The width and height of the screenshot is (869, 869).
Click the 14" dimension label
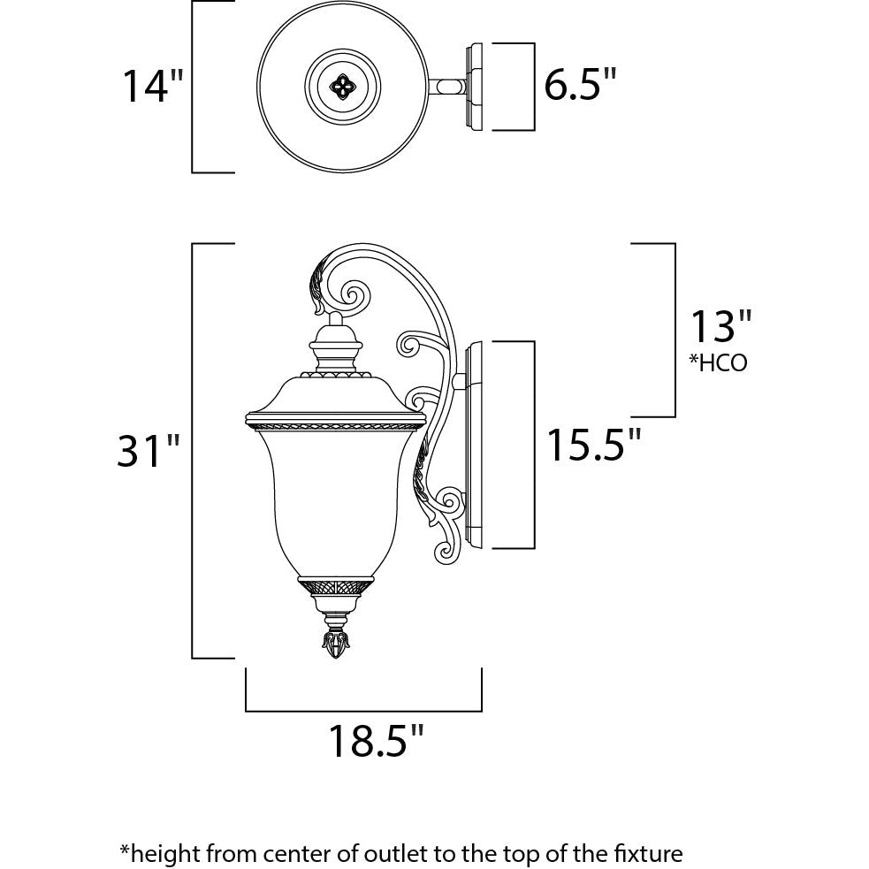click(x=152, y=86)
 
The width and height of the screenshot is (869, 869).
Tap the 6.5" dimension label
click(x=579, y=86)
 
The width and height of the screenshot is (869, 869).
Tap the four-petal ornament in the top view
click(x=341, y=86)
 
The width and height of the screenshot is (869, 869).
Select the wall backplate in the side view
click(x=474, y=445)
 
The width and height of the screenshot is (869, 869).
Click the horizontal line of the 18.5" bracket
click(x=363, y=709)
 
